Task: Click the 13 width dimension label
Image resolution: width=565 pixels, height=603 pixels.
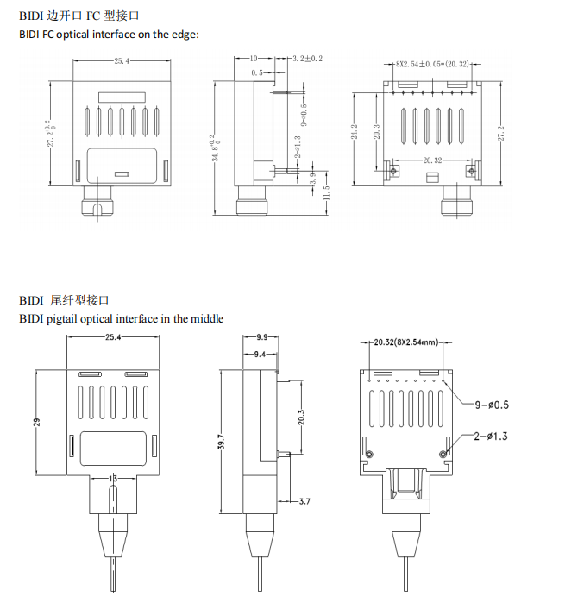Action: click(x=113, y=478)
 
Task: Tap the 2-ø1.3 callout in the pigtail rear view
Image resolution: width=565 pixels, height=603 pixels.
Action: click(x=490, y=437)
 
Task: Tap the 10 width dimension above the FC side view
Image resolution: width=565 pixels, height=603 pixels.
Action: click(x=254, y=59)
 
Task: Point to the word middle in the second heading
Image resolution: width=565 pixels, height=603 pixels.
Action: click(x=205, y=318)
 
